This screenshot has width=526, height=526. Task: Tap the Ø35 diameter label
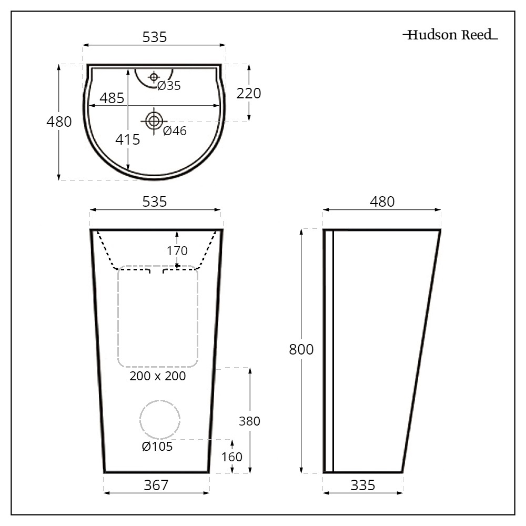point(169,86)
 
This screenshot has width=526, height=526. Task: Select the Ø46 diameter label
point(175,131)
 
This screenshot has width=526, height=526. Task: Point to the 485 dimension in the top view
point(112,98)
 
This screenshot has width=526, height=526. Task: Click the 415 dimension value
point(128,140)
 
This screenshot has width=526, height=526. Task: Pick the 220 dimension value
point(249,94)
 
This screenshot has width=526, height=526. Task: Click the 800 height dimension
point(301,349)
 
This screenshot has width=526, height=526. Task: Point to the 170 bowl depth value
point(177,250)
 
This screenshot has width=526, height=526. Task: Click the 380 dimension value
point(249,421)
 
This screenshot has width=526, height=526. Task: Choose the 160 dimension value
point(231,457)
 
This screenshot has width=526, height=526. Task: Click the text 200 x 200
point(158,377)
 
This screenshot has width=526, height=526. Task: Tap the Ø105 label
point(157,447)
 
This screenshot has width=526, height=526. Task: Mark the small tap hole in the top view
point(154,77)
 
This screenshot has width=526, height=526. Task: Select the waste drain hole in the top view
point(154,121)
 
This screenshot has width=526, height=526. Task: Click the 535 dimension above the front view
point(155,202)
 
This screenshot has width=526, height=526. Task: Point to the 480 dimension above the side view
point(382,202)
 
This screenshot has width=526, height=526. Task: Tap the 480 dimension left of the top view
point(59,122)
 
